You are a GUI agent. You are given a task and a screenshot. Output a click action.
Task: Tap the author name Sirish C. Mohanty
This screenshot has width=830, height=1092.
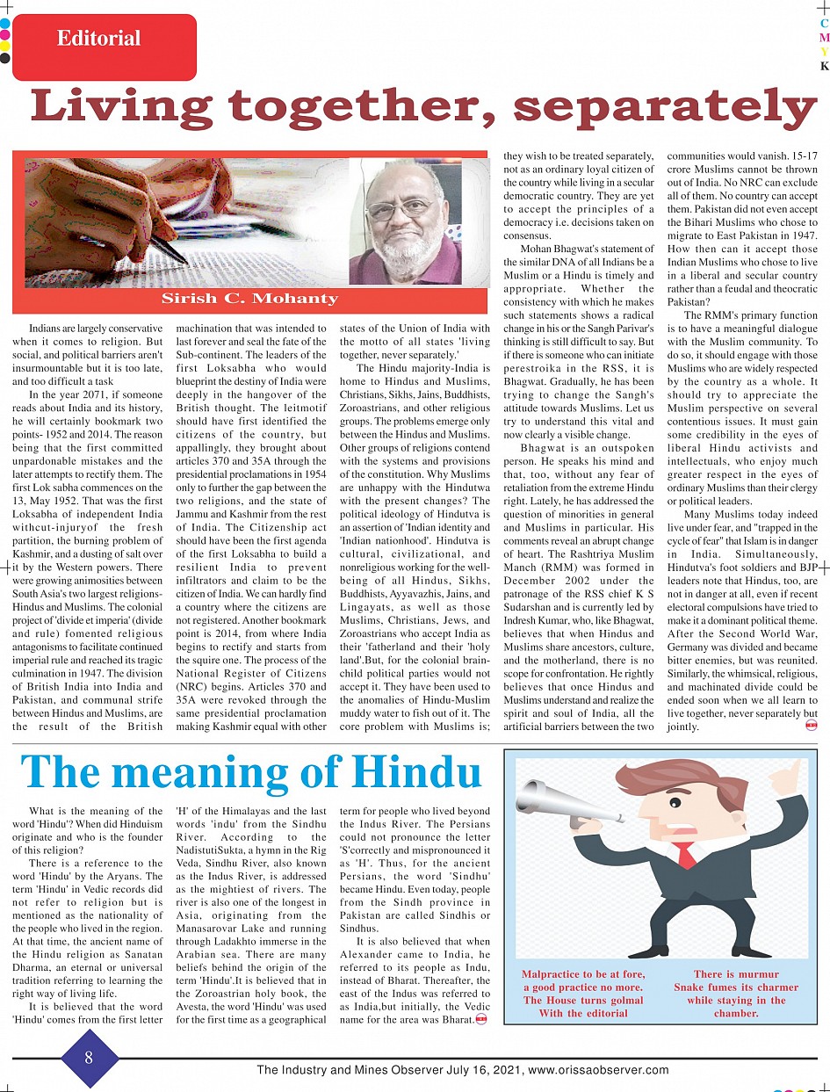[x=249, y=299]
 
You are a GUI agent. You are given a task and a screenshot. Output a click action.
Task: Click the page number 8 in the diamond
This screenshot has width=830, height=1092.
[x=89, y=1058]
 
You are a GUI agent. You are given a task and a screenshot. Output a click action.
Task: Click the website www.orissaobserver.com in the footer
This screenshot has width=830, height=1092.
[x=597, y=1070]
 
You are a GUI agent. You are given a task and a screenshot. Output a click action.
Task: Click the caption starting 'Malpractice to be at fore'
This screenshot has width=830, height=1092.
[x=583, y=994]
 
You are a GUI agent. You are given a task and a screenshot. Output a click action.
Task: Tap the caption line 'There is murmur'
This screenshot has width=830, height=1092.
[x=736, y=974]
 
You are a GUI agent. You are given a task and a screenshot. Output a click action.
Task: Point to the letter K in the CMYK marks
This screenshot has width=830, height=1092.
[x=824, y=66]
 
